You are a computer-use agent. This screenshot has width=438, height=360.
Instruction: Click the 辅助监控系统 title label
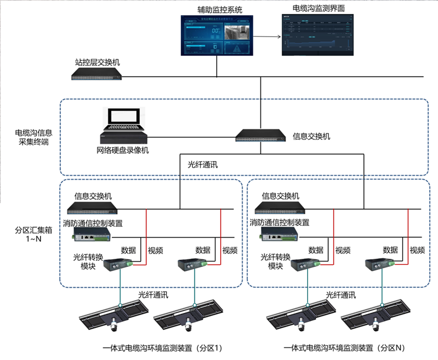[220, 9]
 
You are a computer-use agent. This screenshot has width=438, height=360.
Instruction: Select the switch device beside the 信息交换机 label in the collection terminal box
[260, 136]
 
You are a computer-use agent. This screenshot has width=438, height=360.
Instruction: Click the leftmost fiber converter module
[118, 264]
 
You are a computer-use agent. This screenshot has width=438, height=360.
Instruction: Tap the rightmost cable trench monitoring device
[375, 315]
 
